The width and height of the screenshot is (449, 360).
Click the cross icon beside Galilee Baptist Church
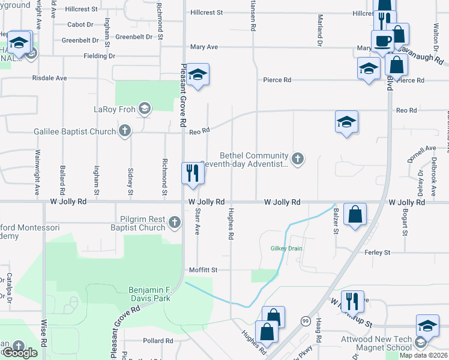[125, 131]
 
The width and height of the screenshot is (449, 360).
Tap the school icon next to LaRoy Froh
[143, 109]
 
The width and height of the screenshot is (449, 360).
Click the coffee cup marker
[382, 41]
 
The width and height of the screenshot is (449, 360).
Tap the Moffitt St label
[202, 270]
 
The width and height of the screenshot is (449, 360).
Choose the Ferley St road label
[378, 253]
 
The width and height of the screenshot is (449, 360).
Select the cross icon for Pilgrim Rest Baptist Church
[174, 223]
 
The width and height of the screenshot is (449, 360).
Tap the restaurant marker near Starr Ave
[193, 173]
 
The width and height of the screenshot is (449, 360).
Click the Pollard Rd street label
[158, 340]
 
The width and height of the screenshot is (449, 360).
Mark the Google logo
[20, 353]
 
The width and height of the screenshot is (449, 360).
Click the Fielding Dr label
[100, 56]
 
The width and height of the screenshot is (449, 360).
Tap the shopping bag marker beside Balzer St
[355, 214]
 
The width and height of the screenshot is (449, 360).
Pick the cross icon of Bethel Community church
[297, 158]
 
